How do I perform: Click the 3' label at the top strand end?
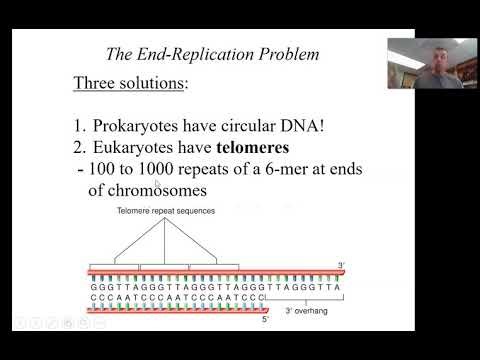[x=340, y=265]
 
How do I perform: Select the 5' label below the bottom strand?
[x=264, y=320]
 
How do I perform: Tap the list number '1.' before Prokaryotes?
[x=81, y=126]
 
